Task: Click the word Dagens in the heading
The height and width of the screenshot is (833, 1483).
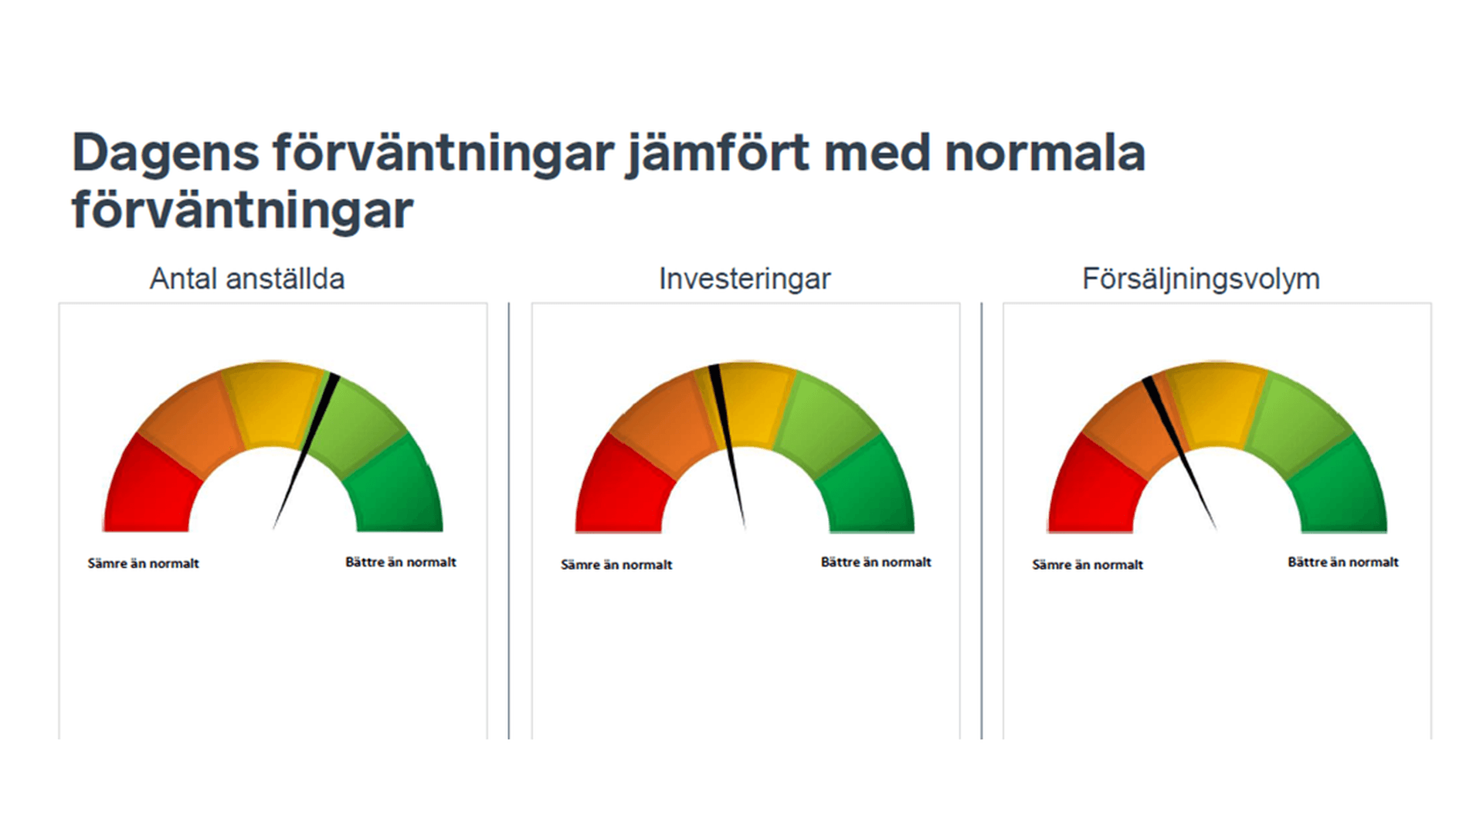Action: click(x=165, y=153)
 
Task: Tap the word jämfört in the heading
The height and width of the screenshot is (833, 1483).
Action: click(x=717, y=153)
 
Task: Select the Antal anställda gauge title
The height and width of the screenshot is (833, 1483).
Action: click(x=247, y=279)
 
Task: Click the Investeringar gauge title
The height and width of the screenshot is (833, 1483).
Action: click(x=745, y=279)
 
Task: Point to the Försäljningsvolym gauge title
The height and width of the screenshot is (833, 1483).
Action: click(x=1200, y=279)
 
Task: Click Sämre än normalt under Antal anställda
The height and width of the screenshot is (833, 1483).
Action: click(x=143, y=564)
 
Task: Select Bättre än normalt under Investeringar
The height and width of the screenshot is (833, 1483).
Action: click(x=876, y=562)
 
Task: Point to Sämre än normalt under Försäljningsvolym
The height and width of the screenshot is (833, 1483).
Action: click(x=1088, y=564)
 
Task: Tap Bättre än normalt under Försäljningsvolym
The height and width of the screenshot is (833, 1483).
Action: click(x=1342, y=562)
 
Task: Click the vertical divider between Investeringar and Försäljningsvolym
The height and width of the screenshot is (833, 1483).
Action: click(x=982, y=521)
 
